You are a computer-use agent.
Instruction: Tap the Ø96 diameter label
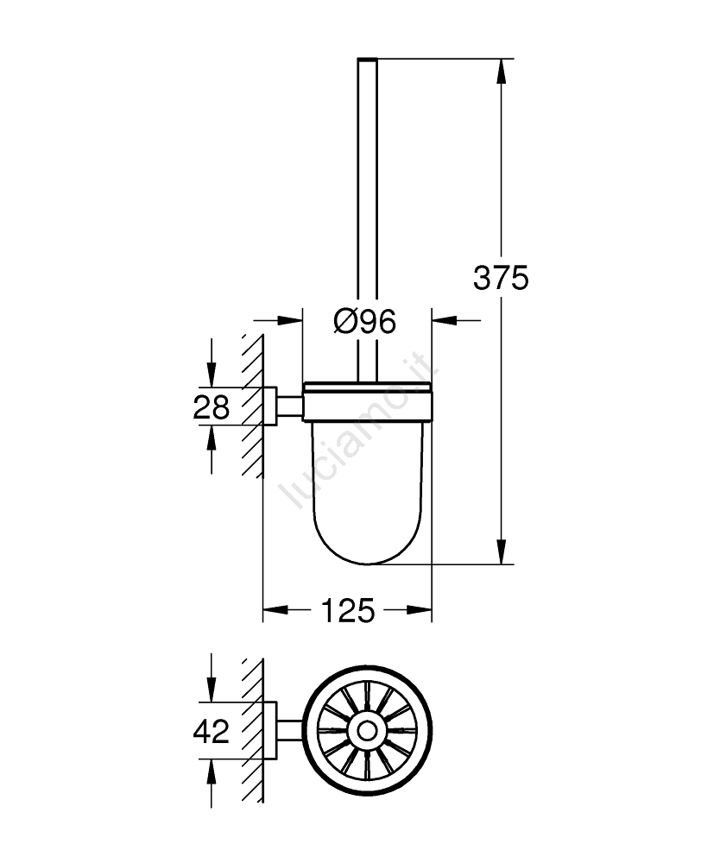(x=364, y=321)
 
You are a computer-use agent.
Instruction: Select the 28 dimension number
(x=212, y=408)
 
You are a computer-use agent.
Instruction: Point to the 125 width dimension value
(x=347, y=610)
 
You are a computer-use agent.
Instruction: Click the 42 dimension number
(x=212, y=732)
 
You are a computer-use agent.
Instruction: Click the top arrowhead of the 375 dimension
(x=501, y=71)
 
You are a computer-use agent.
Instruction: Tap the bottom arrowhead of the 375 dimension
(x=501, y=551)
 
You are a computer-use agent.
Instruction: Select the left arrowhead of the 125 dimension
(x=275, y=610)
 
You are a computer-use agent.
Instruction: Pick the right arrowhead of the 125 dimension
(x=419, y=610)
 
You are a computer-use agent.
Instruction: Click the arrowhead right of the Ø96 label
(x=445, y=320)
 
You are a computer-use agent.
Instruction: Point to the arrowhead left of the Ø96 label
(x=290, y=320)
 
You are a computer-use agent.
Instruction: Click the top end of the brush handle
(x=367, y=59)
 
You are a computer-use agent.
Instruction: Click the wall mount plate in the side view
(x=269, y=406)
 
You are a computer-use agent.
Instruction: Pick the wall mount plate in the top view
(x=269, y=731)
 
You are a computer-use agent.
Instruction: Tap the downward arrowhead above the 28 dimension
(x=212, y=375)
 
